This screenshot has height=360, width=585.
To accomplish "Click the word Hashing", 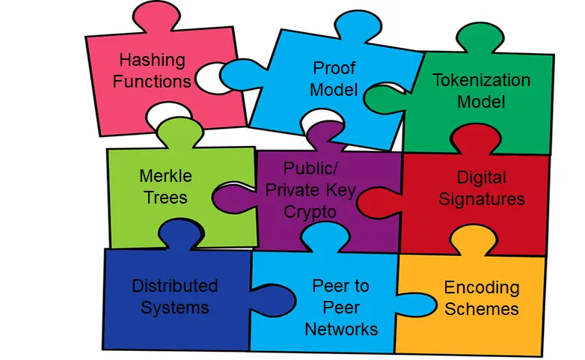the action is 152,61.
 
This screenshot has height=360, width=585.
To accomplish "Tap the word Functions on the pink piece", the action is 152,82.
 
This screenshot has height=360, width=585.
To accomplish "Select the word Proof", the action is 334,68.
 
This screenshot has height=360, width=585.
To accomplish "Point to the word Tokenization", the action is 481,80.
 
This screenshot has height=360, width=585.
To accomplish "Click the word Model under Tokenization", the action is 481,102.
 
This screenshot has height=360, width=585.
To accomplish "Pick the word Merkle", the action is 165,176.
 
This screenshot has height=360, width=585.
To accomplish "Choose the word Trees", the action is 165,198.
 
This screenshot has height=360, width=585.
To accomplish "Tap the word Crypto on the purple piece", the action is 310,212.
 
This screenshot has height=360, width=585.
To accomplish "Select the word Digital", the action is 481,177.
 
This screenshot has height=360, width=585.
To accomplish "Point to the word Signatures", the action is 481,199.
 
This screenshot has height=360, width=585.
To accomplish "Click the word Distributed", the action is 174,286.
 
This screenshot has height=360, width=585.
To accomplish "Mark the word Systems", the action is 174,308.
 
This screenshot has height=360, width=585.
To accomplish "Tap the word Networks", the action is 341,329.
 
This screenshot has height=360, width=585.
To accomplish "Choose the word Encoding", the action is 482,287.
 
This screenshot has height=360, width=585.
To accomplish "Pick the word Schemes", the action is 482,309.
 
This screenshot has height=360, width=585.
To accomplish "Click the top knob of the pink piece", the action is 156,16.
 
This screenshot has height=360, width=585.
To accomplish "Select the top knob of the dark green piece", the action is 480,37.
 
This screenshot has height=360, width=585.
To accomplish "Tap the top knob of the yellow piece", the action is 474,240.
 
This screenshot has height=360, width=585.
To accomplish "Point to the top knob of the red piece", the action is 476,139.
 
